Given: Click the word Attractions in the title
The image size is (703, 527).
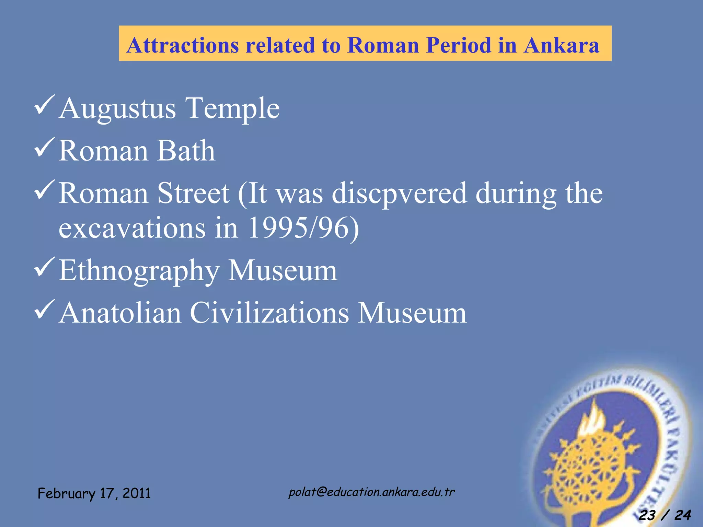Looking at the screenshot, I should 183,45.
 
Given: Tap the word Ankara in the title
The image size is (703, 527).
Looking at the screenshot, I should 561,45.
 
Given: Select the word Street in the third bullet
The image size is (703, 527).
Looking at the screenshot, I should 193,193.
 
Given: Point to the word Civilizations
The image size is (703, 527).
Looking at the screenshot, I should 269,313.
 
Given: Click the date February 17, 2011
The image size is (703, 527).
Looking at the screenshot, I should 94,493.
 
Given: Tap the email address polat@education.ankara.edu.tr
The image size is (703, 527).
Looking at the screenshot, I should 371,492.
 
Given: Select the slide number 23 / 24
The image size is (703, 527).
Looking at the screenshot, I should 665,515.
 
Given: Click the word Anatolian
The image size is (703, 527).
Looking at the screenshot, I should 120,313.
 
